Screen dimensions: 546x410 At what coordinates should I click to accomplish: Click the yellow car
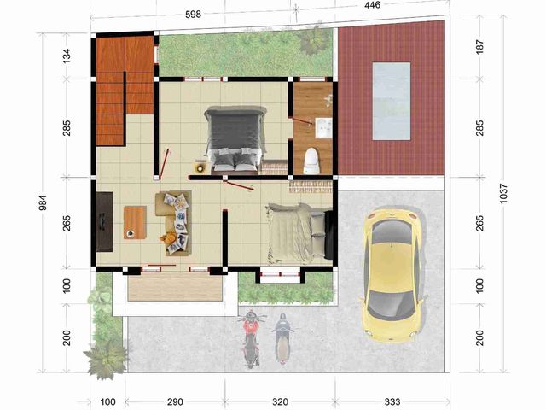[392, 275]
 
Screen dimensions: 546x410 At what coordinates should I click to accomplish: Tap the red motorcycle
[251, 339]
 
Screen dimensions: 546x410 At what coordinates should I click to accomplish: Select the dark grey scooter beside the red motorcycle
[282, 338]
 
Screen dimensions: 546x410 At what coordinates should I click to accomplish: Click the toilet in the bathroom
[311, 161]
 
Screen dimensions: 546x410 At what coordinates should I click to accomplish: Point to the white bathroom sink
[324, 128]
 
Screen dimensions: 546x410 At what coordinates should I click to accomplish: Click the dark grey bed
[235, 138]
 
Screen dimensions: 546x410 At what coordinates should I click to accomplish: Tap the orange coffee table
[135, 222]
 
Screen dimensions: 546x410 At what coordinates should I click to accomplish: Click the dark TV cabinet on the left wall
[104, 221]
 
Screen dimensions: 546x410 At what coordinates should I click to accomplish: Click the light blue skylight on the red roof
[392, 101]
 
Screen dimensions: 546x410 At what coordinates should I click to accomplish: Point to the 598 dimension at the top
[193, 15]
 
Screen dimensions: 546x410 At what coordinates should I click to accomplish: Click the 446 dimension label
[372, 5]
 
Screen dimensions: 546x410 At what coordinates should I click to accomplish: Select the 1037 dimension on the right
[503, 194]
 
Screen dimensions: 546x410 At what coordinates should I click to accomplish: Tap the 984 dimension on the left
[43, 203]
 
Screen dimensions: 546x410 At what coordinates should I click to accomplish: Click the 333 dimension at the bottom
[392, 401]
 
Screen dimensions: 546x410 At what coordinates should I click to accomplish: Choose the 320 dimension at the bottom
[280, 401]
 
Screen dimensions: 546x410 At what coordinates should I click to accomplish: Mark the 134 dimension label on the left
[67, 56]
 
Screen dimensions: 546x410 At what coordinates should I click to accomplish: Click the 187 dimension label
[479, 47]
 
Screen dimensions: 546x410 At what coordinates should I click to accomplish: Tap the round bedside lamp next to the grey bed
[200, 168]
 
